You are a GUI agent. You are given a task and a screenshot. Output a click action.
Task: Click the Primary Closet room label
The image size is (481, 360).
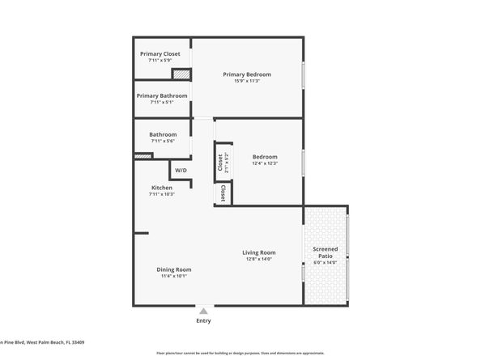click(x=160, y=53)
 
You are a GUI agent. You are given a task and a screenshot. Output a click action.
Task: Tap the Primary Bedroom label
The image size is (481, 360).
click(x=247, y=74)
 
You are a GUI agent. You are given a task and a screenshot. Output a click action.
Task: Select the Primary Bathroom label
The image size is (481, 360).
click(x=162, y=95)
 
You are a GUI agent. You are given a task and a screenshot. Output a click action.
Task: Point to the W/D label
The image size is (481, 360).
click(x=181, y=171)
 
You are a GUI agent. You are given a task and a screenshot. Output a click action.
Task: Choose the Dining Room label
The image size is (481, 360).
click(x=173, y=269)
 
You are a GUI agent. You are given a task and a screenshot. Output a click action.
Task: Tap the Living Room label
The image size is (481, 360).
click(x=259, y=252)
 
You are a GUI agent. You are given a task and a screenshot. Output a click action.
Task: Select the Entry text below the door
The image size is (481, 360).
click(x=203, y=321)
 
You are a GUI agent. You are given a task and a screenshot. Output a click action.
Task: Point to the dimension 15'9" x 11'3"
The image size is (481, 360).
click(x=247, y=81)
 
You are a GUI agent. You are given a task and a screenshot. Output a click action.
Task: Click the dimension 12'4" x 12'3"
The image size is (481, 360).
click(x=265, y=163)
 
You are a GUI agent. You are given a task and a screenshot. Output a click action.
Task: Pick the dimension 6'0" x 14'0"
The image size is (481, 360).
click(x=326, y=263)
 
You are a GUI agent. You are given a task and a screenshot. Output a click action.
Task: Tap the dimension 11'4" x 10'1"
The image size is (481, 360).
click(x=173, y=276)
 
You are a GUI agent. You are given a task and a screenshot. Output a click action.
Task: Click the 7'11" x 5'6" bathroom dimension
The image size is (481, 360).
click(x=162, y=141)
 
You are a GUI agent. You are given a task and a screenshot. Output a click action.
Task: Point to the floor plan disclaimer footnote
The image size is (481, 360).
click(x=240, y=354)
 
